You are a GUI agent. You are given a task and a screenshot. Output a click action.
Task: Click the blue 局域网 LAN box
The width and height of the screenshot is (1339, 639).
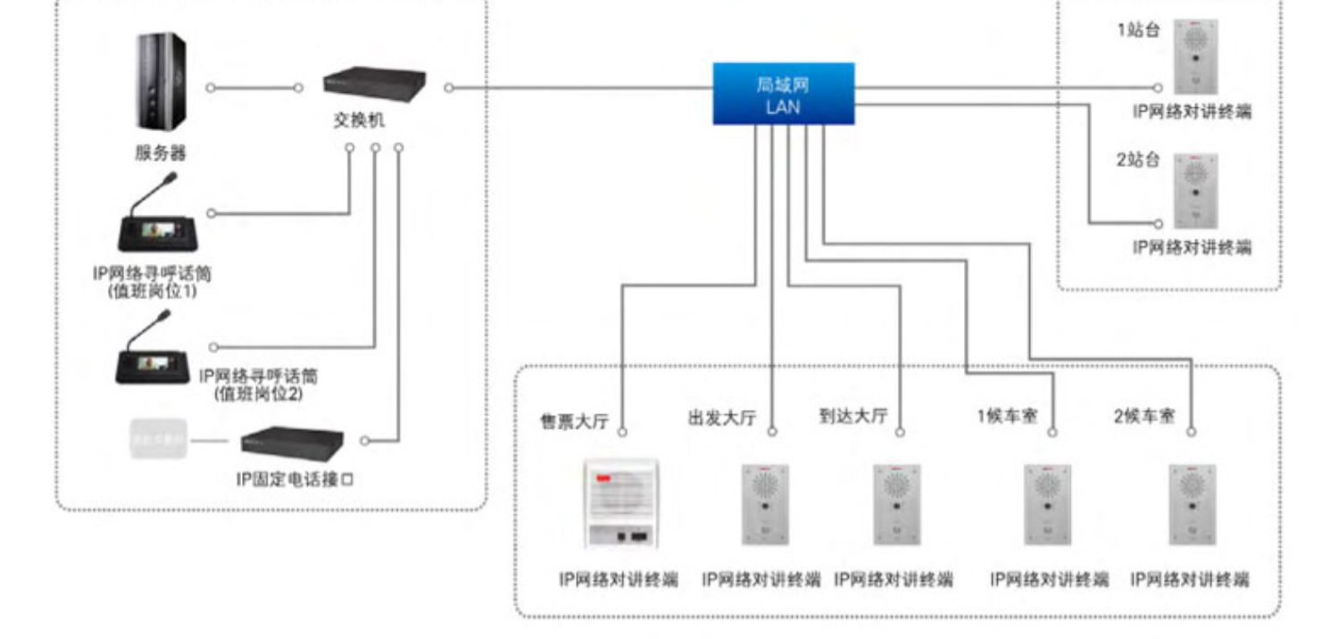click(x=783, y=94)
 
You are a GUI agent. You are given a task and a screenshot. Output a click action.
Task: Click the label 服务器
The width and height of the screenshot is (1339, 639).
click(x=161, y=153)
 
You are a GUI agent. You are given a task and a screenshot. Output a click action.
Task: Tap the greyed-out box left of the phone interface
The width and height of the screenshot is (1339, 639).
click(x=157, y=440)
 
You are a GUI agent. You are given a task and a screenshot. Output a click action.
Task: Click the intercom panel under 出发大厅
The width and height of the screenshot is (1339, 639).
click(x=765, y=504)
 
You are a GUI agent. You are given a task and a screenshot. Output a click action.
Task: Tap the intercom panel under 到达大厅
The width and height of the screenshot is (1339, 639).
click(x=897, y=504)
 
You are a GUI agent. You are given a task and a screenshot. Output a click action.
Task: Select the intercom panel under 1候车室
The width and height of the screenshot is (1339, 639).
click(x=1047, y=504)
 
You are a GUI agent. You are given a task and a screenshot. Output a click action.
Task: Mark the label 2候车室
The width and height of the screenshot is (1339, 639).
click(x=1144, y=417)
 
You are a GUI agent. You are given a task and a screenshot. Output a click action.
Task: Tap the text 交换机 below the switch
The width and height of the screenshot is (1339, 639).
click(x=360, y=121)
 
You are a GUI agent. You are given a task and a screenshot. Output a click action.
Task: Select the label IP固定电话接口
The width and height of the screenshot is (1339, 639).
click(x=295, y=479)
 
